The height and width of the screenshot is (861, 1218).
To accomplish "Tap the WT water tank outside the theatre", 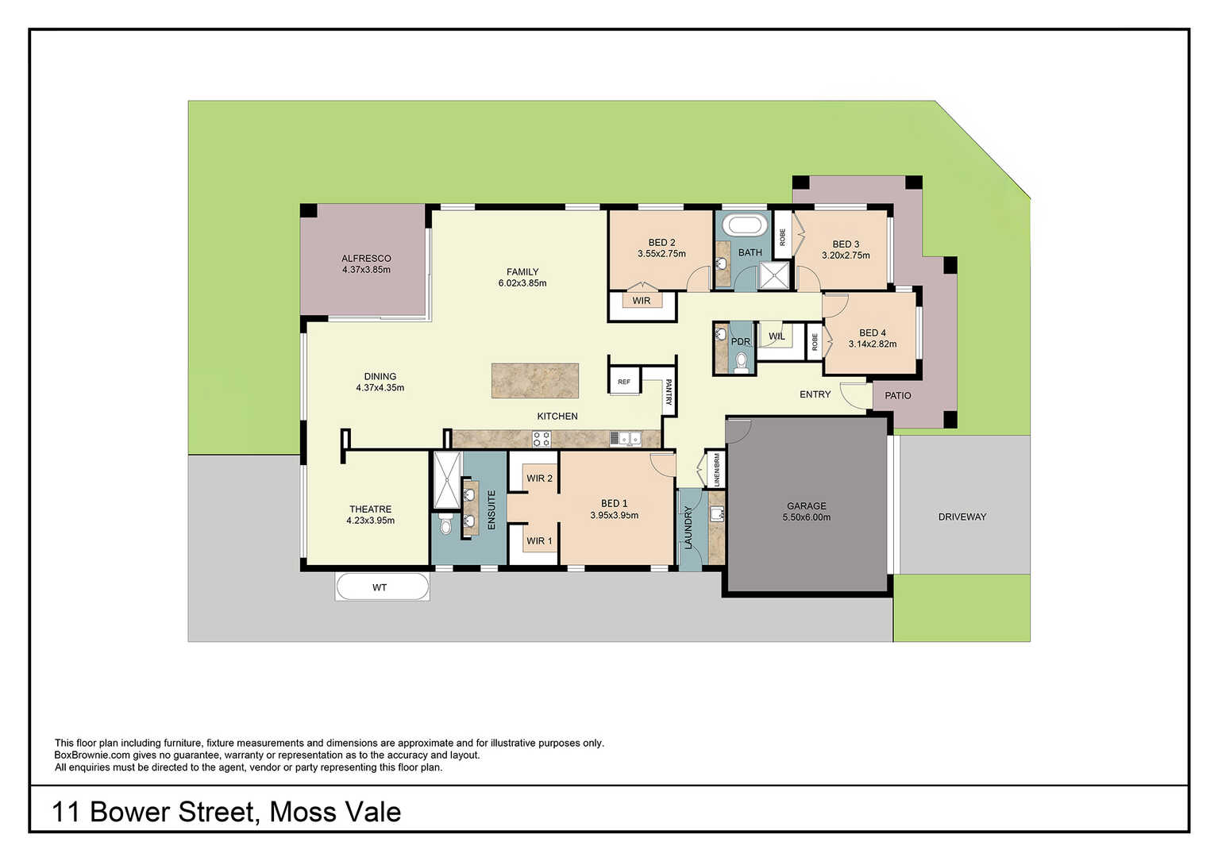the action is pos(382,587).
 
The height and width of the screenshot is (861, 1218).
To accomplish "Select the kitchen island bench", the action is pos(535,380).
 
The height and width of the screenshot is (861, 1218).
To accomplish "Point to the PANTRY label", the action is pos(669,392).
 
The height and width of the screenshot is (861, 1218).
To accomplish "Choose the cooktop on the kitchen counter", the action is pos(542,439).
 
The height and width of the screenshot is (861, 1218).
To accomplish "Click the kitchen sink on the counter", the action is pos(626,438).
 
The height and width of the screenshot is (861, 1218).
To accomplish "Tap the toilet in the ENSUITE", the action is pos(446,525).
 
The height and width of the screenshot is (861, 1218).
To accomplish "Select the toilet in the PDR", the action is pos(741,362).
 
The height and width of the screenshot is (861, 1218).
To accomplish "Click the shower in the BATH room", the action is pos(774,275).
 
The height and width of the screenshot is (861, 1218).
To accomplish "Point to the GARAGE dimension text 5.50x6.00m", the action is pos(807,517).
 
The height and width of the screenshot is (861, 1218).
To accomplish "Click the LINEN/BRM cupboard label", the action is pos(717,470).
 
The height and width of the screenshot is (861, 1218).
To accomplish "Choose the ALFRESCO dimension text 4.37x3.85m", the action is pos(366,270).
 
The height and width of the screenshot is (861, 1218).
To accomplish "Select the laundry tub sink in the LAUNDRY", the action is pos(717,513).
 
